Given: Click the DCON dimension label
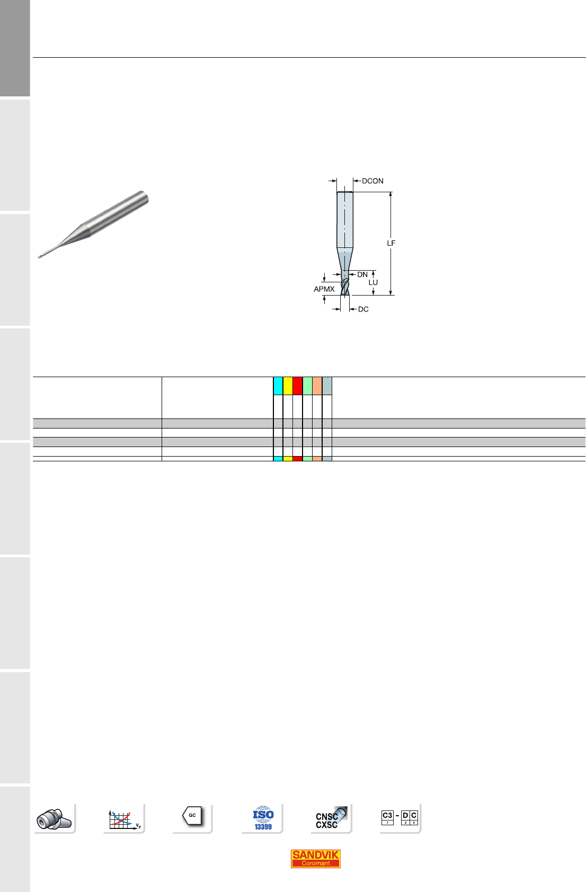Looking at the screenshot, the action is click(372, 181).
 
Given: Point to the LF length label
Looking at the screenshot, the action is click(391, 243).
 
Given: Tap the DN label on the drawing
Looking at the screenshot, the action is click(362, 274).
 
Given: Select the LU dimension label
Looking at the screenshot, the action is click(373, 282).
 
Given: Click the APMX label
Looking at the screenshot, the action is click(324, 289).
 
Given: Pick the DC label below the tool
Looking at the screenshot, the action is click(363, 309).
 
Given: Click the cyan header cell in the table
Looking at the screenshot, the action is click(278, 386).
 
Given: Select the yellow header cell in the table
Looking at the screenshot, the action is click(288, 386).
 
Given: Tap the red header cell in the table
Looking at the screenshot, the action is click(298, 386).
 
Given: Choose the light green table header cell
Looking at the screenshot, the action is click(307, 386).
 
